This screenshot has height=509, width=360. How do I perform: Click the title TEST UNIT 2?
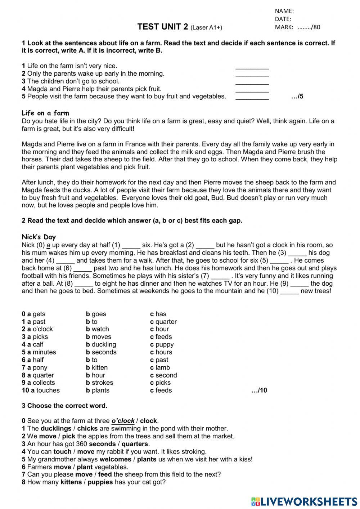point(163,27)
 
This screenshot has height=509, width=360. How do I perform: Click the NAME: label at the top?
point(284,11)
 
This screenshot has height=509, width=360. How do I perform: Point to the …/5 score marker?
point(297,97)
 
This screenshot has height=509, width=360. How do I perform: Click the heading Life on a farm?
point(45,113)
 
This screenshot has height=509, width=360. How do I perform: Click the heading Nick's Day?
point(39,237)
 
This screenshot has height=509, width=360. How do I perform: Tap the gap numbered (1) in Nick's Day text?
point(131,246)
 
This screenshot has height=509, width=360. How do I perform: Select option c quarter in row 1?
point(163,322)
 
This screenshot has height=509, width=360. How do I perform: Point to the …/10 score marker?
point(259,390)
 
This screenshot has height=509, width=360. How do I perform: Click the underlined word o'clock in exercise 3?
point(123,421)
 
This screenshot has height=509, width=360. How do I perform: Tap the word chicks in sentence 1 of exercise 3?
point(87,428)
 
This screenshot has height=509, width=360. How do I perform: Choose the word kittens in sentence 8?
point(71,482)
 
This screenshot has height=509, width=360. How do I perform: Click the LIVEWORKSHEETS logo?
point(304,502)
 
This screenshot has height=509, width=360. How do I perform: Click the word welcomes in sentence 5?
point(115,459)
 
